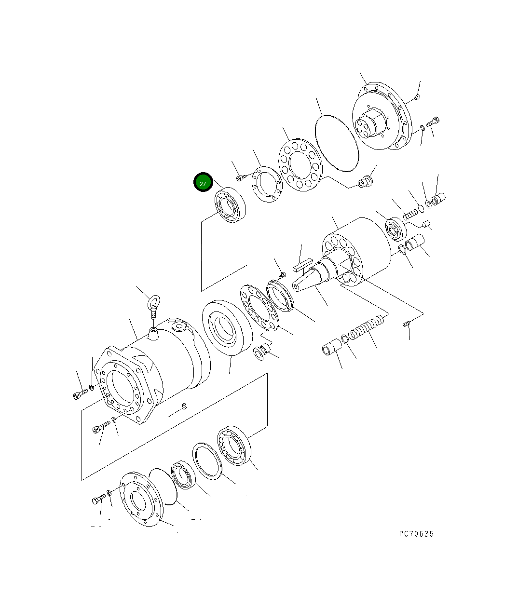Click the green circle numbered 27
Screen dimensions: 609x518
point(203,183)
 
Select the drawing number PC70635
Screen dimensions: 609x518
point(416,534)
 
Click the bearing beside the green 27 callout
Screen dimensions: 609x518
point(230,206)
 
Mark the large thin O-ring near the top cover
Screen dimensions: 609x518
point(336,143)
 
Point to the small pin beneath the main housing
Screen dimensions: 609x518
point(184,408)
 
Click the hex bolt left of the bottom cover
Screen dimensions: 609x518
point(98,500)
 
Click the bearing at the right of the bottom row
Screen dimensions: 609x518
point(233,446)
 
